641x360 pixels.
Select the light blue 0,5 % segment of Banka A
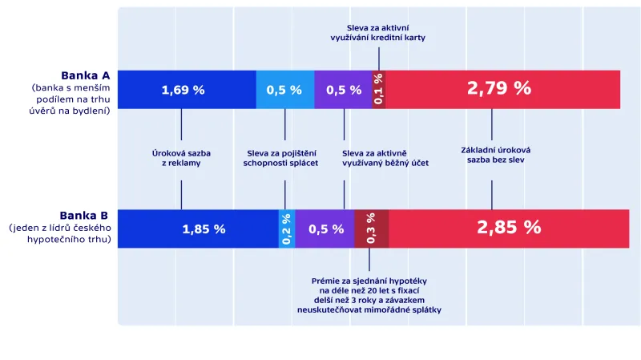coord(284,90)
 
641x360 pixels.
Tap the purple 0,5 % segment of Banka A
coord(344,90)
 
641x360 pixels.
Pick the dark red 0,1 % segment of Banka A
coord(379,90)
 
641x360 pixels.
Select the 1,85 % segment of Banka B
coord(204,229)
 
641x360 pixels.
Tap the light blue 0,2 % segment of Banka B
coord(286,229)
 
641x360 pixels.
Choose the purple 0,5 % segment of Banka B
coord(325,229)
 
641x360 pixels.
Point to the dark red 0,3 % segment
coord(371,229)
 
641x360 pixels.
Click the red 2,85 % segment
coord(509,229)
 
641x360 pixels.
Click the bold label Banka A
coord(85,76)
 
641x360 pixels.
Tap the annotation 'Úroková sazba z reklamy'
coord(180,156)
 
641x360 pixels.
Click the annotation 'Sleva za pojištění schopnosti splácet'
coord(280,156)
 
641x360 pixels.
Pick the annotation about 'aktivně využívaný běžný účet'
coord(385,156)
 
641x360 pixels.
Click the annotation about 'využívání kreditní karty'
coord(377,33)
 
